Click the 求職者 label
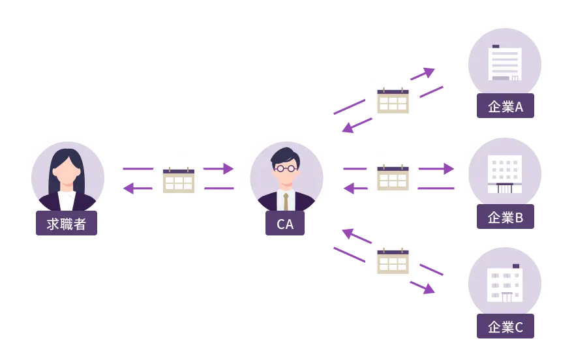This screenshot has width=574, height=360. (67, 224)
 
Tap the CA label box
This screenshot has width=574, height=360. (285, 224)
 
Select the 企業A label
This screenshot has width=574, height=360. (506, 107)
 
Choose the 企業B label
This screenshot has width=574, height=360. (506, 217)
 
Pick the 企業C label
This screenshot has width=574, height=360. (506, 327)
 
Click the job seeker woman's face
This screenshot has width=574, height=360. (67, 168)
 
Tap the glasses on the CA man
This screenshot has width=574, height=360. (285, 168)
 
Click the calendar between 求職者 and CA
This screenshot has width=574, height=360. (179, 180)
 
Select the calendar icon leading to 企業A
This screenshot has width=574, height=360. (393, 101)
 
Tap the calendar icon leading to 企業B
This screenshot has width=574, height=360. (393, 177)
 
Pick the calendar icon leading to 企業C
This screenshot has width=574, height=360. (393, 260)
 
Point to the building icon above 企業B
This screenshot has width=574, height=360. (505, 173)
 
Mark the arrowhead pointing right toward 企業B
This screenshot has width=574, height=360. (448, 169)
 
